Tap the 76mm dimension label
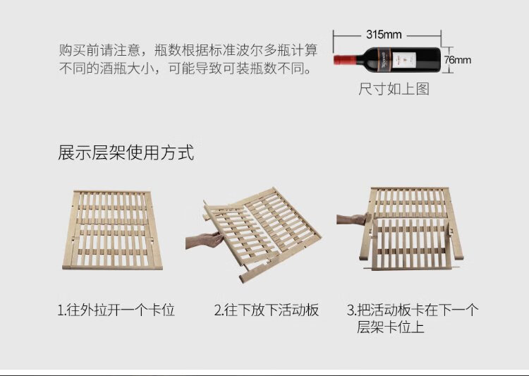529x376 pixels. coord(456,60)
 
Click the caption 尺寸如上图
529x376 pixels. coord(394,89)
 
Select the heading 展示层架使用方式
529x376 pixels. coord(126,153)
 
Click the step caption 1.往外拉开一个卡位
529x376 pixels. coord(116,310)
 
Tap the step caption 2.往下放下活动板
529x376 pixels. coord(267,310)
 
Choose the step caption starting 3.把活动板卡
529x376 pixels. coord(413,310)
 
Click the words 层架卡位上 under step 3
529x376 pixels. coord(389,328)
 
